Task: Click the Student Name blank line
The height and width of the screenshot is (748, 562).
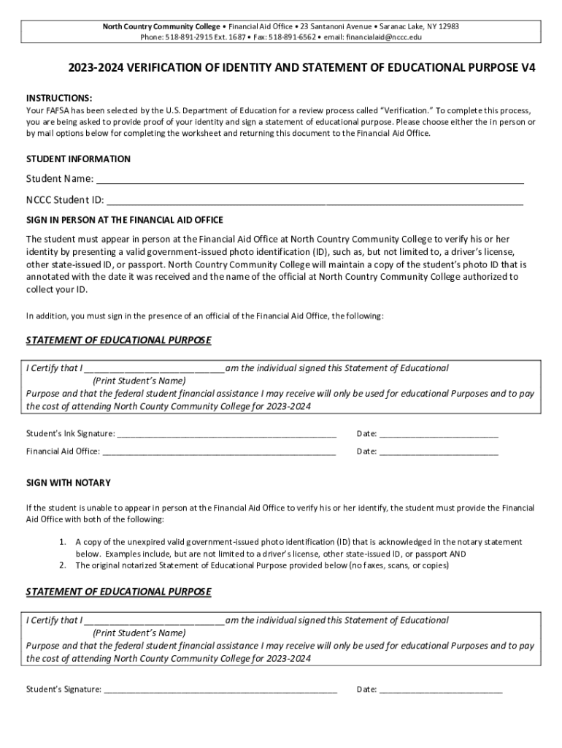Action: [310, 181]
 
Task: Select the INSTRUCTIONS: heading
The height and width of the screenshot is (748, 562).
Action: [59, 98]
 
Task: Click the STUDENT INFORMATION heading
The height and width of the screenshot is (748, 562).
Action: [78, 159]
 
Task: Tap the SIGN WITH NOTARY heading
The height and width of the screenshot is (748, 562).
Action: [69, 484]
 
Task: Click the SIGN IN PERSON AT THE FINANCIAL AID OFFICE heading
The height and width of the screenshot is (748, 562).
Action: [125, 220]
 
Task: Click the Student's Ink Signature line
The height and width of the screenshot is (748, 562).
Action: [226, 435]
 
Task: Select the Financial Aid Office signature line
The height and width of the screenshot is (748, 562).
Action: [219, 452]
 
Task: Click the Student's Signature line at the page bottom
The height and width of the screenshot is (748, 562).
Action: [220, 690]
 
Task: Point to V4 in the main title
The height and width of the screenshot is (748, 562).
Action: [528, 68]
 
